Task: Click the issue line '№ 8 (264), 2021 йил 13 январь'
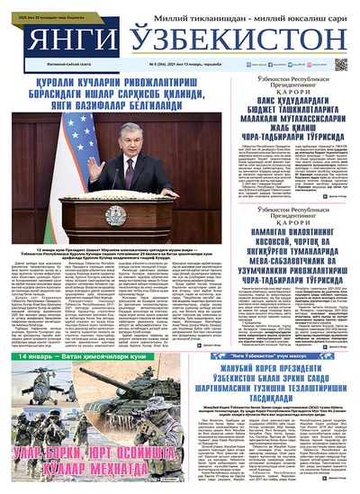click(184, 66)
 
